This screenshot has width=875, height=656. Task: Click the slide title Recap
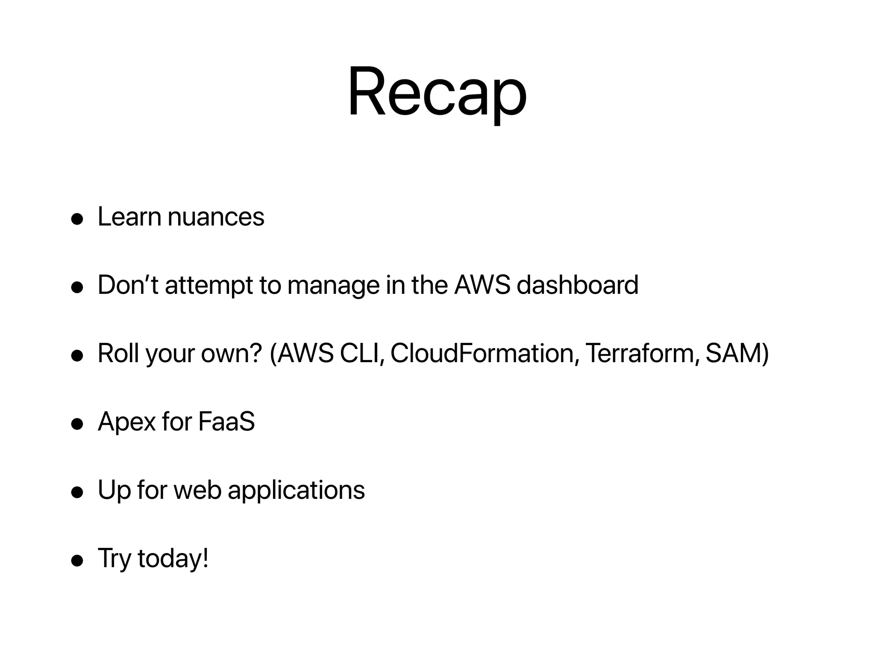coord(437,92)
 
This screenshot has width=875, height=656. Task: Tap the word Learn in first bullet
coord(129,217)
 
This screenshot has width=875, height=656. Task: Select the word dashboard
coord(577,285)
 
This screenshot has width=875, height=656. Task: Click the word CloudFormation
coord(482,353)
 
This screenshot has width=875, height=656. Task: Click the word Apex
coord(126,422)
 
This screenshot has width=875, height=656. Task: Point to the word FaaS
coord(226,422)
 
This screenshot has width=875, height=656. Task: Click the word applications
coord(296,490)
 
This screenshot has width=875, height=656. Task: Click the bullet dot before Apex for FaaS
coord(77,424)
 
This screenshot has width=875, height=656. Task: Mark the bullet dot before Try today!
coord(77,561)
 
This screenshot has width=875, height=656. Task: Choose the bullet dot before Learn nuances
coord(77,219)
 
